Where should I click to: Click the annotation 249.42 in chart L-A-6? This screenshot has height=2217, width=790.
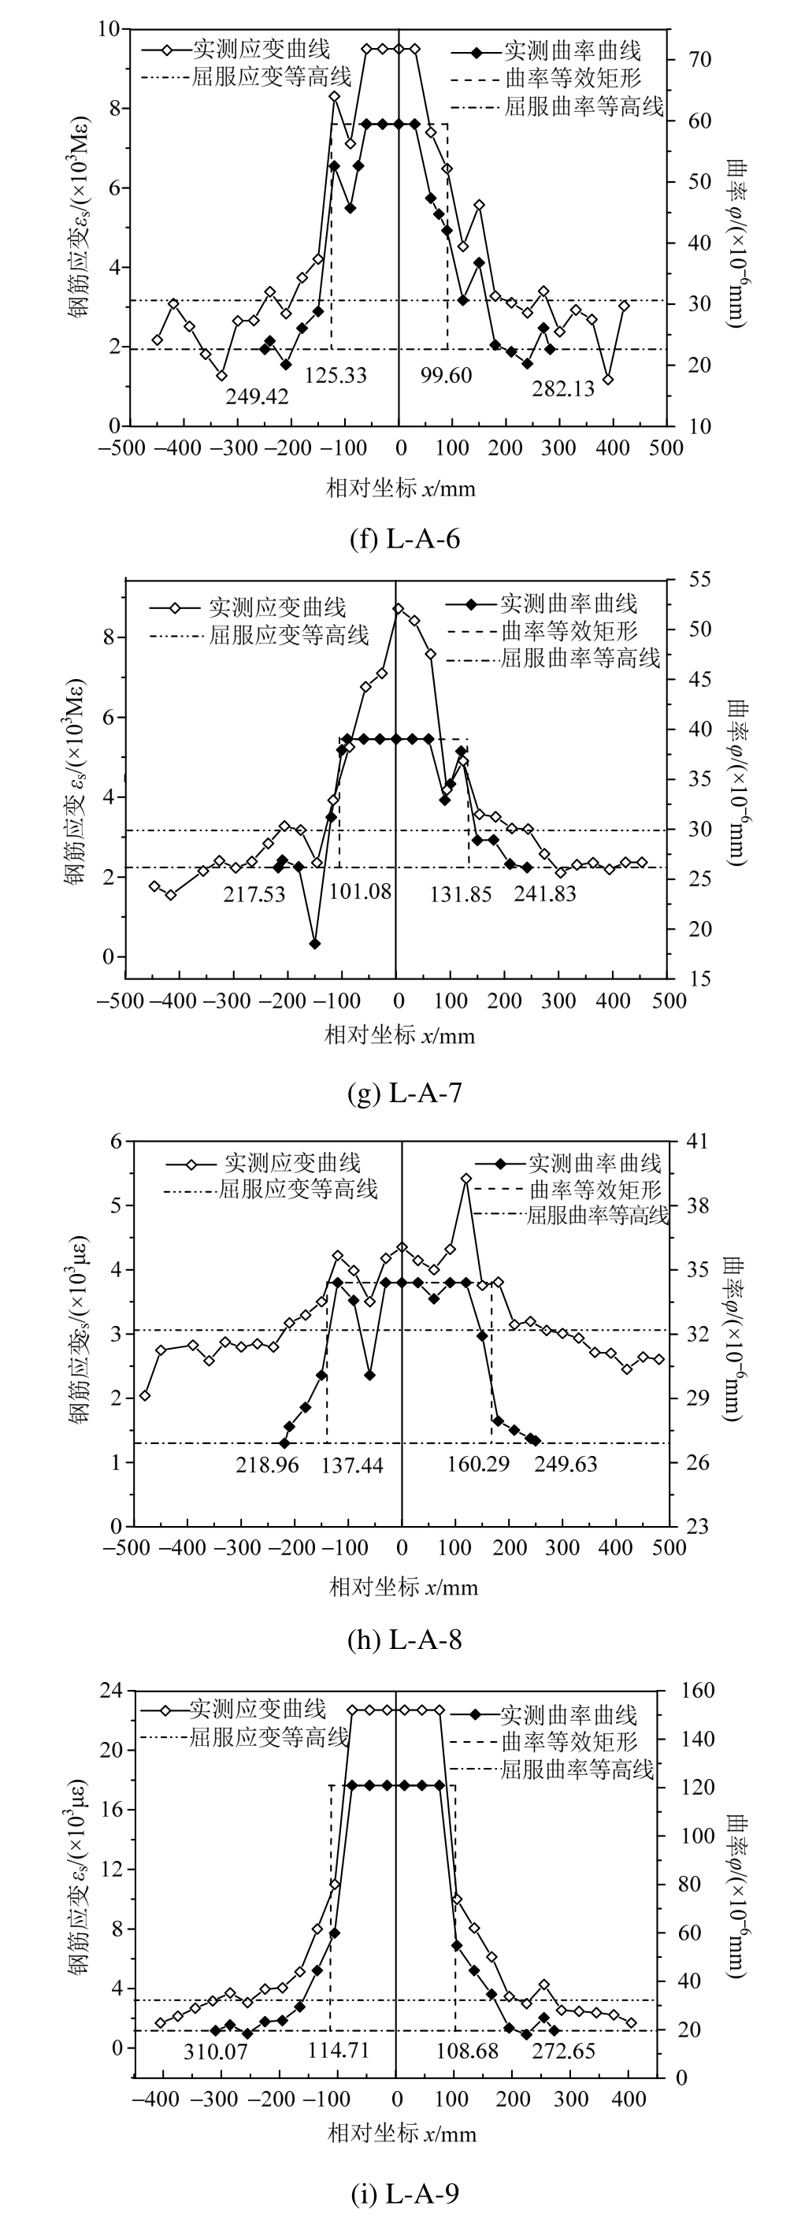258,395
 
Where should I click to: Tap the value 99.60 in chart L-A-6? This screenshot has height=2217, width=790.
446,375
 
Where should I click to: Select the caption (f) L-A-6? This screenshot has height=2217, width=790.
405,540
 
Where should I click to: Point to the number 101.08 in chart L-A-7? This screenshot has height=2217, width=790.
360,891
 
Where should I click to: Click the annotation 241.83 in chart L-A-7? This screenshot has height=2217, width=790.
545,894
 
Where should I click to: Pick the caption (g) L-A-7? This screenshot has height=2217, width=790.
405,1093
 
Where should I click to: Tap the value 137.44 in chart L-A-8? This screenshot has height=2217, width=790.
352,1465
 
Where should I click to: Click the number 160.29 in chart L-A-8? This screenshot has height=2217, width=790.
478,1463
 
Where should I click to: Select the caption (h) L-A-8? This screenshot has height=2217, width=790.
405,1640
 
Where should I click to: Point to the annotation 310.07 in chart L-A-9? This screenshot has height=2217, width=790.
215,2052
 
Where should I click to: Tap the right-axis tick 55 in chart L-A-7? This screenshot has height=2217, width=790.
699,580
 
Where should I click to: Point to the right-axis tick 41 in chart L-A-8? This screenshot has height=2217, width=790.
698,1142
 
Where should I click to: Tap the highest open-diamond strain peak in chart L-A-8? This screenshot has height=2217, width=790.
466,1178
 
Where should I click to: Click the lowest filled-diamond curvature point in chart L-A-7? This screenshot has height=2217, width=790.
315,944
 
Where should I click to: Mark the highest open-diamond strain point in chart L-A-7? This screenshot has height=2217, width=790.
398,608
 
